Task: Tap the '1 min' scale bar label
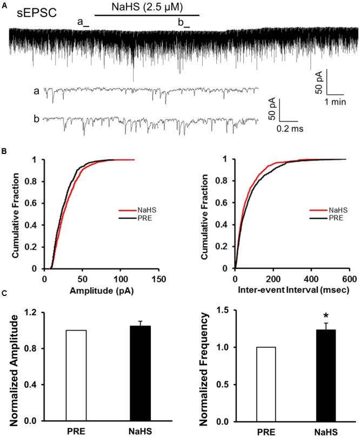329,101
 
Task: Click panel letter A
4,4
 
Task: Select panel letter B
4,153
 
